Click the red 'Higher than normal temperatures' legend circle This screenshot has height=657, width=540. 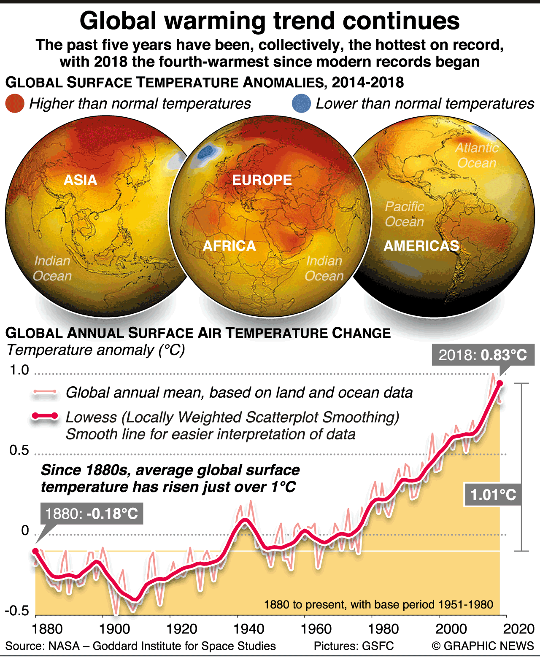click(15, 104)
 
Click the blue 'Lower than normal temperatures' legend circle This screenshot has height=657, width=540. click(301, 104)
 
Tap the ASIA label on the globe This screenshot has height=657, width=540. click(80, 180)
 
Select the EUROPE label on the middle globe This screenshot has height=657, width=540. click(262, 180)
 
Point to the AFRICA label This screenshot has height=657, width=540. click(229, 246)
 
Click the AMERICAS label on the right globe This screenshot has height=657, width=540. click(421, 246)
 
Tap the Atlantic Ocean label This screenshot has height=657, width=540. click(477, 156)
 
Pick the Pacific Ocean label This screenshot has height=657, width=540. click(404, 214)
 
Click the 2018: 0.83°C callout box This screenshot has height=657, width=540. click(483, 355)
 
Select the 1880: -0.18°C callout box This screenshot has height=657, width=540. click(92, 514)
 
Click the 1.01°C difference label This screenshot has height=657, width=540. click(493, 495)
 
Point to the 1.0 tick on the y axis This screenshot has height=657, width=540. click(19, 370)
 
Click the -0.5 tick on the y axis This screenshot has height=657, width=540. click(17, 611)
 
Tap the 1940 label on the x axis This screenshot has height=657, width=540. click(248, 629)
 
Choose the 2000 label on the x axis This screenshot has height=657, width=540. click(451, 629)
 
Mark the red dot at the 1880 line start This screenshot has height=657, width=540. click(35, 551)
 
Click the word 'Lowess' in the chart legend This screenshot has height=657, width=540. click(91, 417)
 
